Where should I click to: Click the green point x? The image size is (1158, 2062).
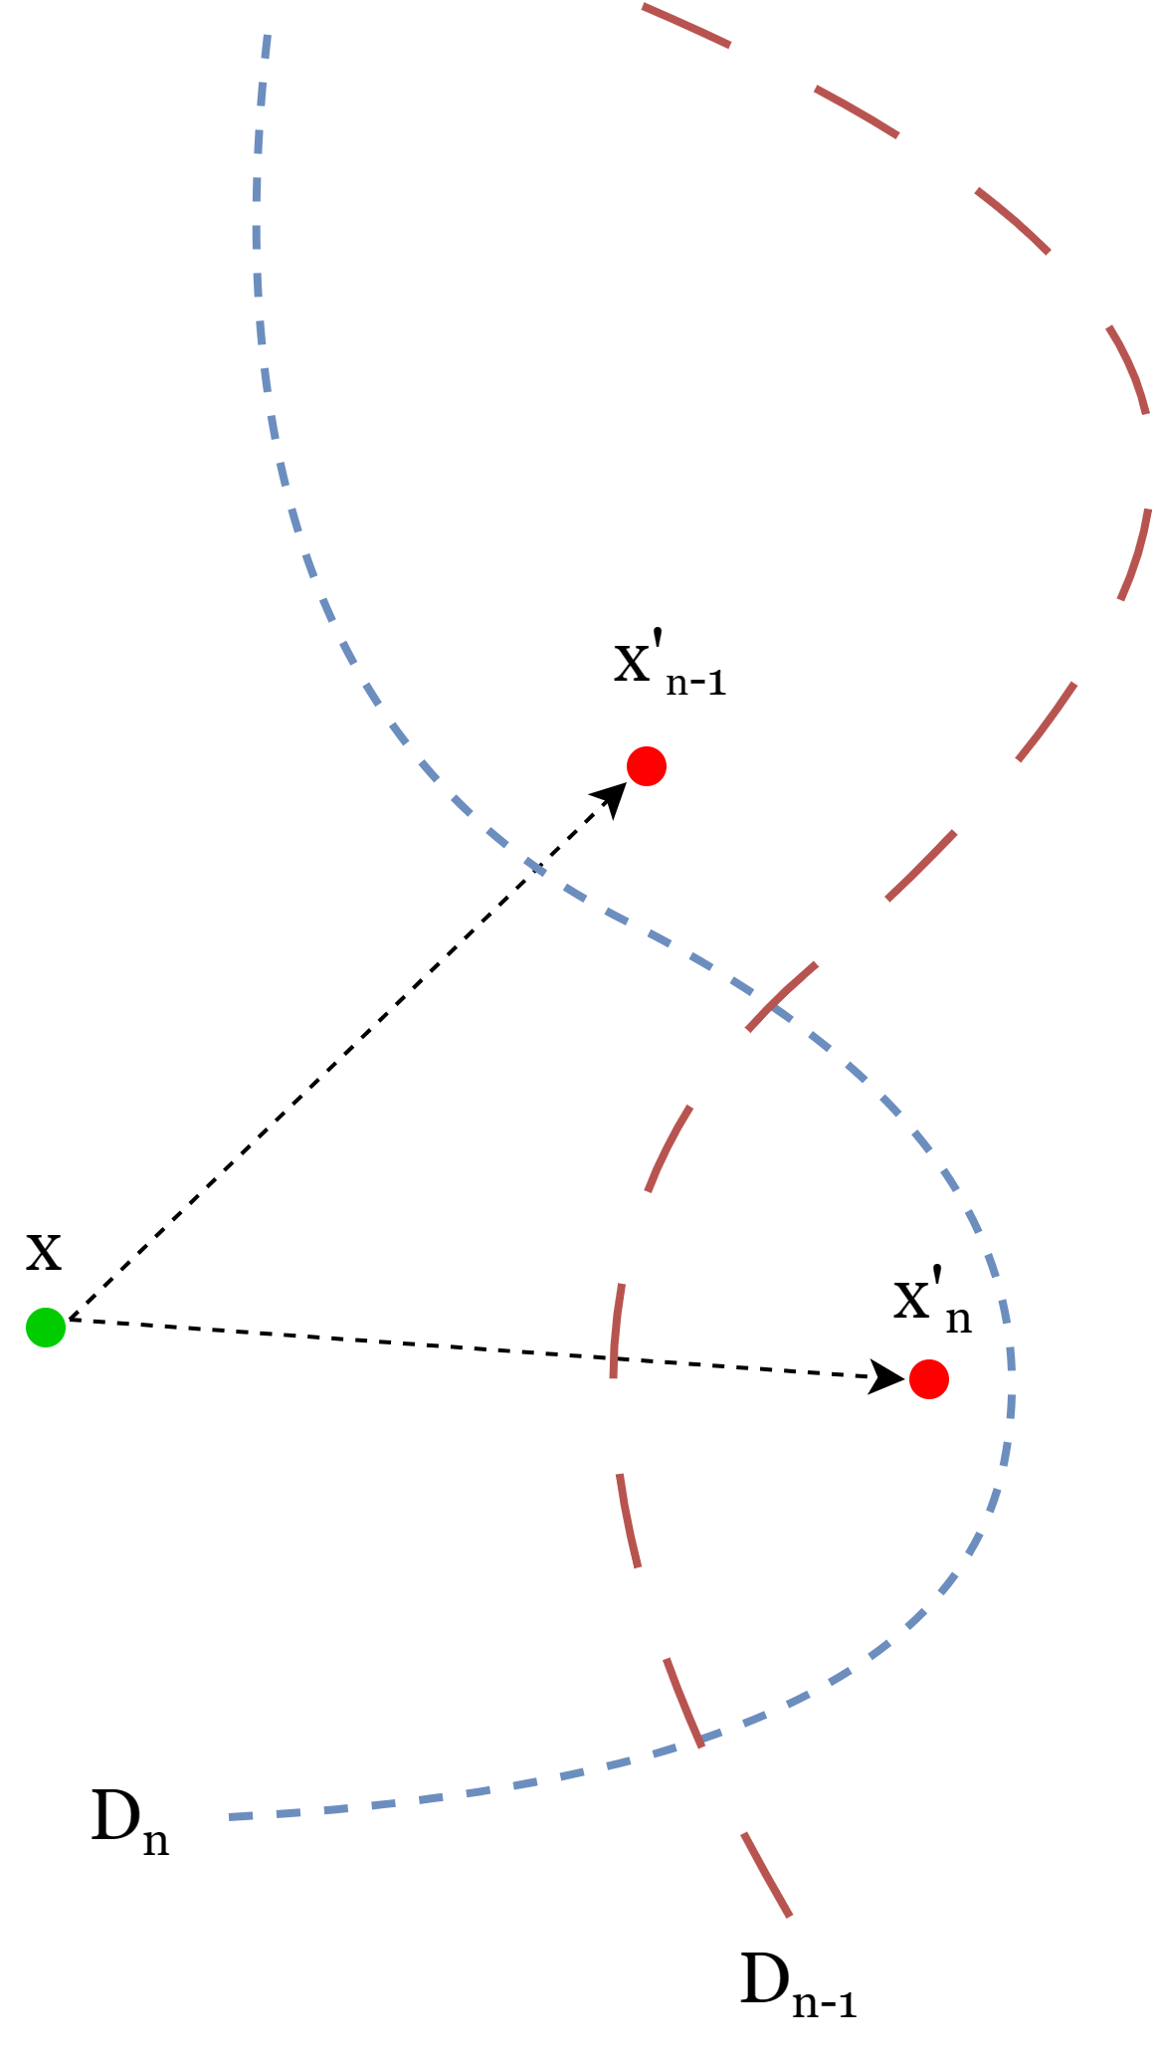[x=46, y=1327]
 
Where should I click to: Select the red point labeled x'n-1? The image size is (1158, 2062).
[x=647, y=766]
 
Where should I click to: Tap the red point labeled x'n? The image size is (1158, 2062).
[x=928, y=1379]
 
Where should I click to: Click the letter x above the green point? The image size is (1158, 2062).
[x=44, y=1251]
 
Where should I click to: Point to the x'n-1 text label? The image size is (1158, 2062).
[x=670, y=666]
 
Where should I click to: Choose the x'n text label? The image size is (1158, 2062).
[x=931, y=1304]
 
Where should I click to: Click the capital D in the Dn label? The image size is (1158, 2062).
[x=115, y=1816]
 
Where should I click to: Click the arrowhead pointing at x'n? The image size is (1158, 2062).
[x=887, y=1376]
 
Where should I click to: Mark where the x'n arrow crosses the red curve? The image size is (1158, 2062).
[x=613, y=1358]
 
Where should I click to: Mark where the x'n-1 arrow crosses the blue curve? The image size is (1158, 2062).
[x=536, y=868]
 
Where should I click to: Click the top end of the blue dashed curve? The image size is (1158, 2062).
[x=267, y=38]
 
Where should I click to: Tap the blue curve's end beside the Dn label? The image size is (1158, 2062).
[x=231, y=1817]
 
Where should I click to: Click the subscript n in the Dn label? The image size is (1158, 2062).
[x=155, y=1842]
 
